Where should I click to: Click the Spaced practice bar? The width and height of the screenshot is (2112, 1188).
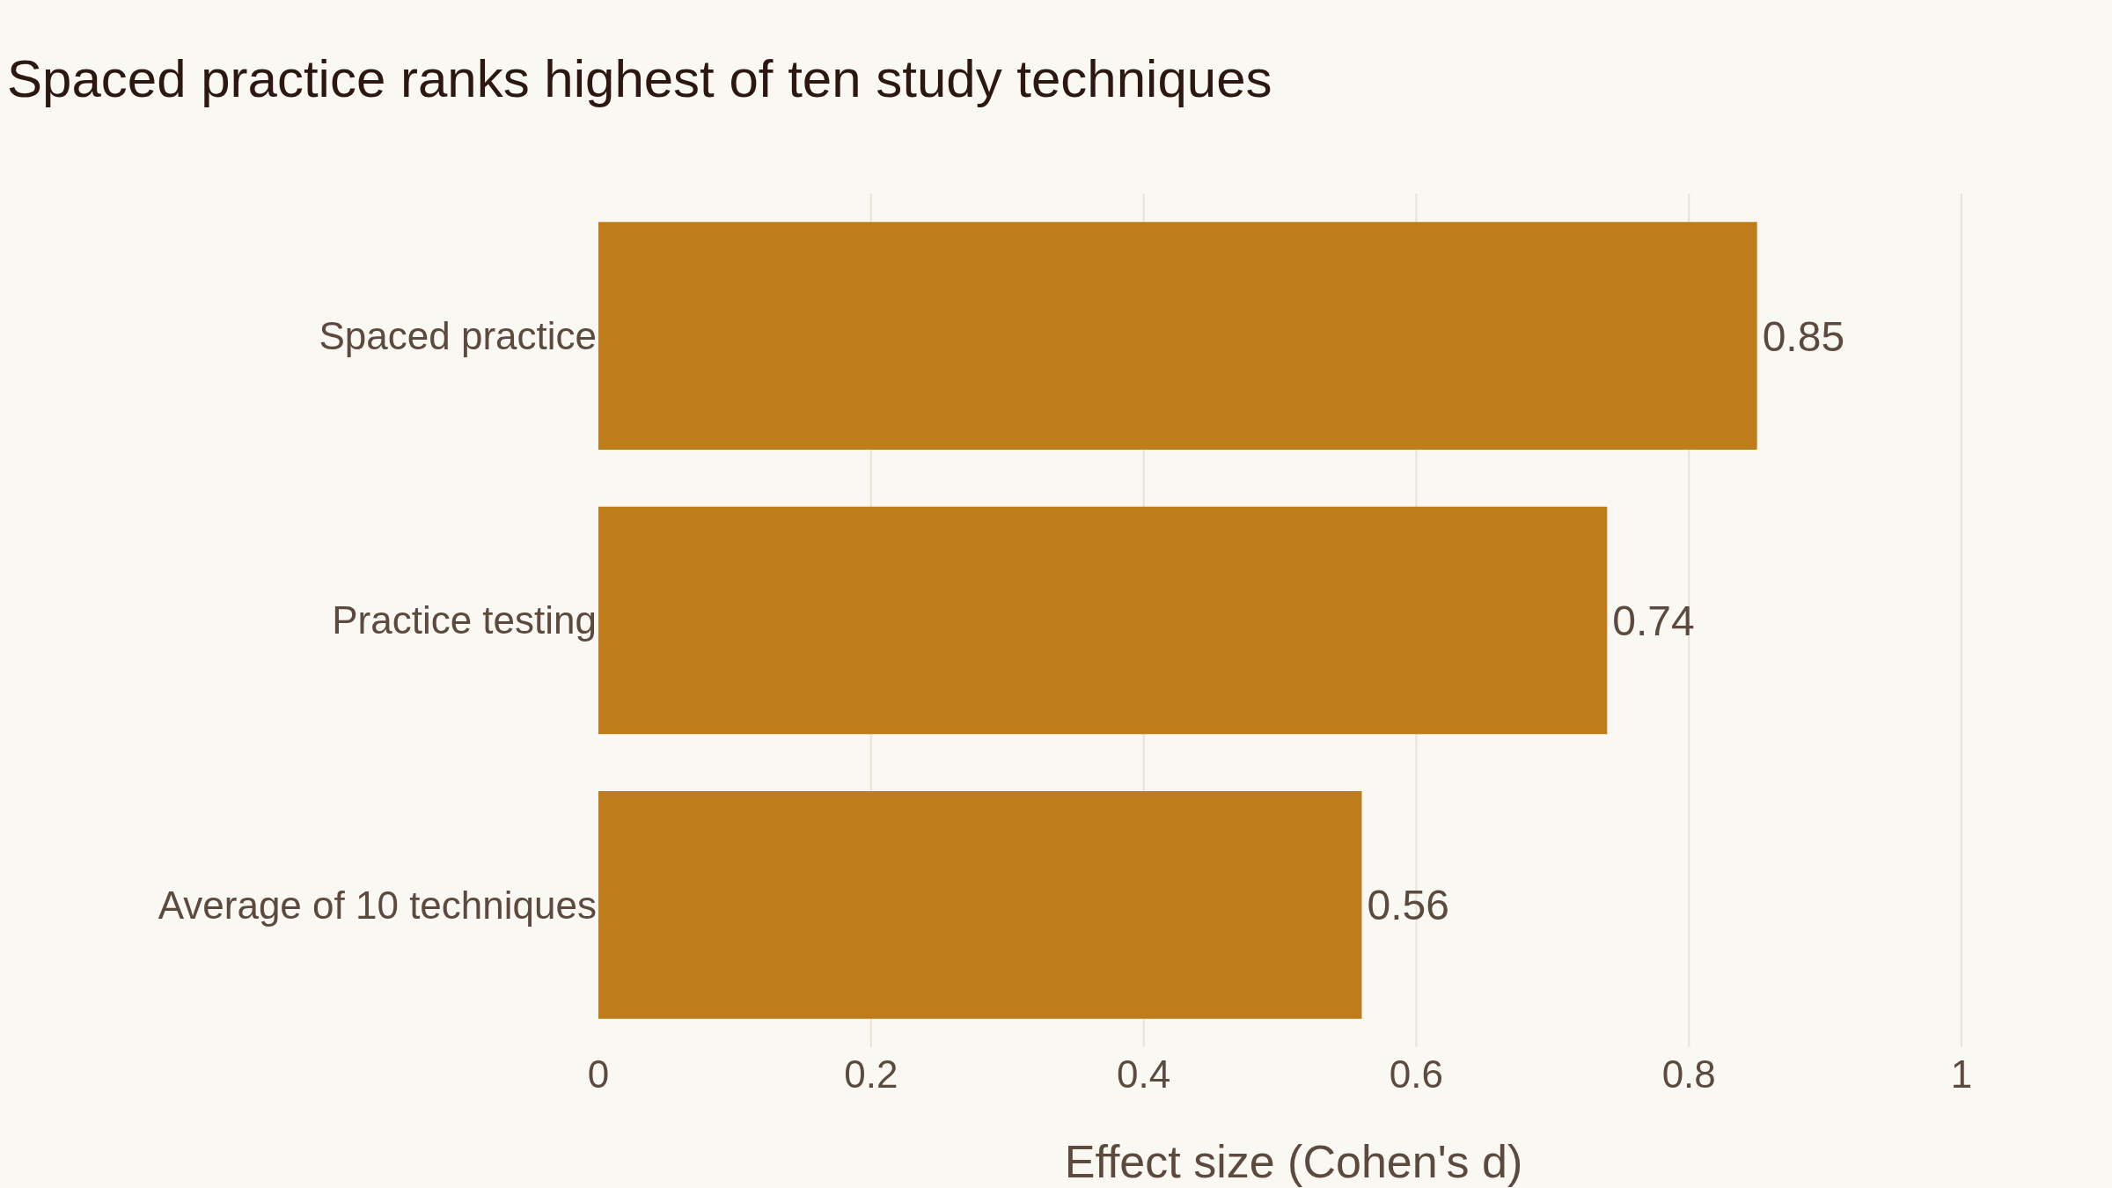[x=1177, y=335]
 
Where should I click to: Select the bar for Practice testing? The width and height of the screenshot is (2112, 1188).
[x=1103, y=620]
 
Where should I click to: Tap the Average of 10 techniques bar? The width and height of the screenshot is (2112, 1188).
[x=979, y=905]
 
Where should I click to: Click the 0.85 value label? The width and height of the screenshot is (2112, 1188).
[x=1803, y=337]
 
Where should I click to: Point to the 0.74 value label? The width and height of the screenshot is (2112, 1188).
[x=1653, y=621]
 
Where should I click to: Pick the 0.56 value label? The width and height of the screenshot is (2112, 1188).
[x=1407, y=906]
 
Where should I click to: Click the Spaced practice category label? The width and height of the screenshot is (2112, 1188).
[x=458, y=337]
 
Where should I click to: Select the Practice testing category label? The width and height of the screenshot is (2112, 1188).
[x=464, y=621]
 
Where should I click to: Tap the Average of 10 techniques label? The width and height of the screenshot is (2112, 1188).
[x=377, y=906]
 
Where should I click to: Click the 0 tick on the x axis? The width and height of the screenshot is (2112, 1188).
[x=598, y=1075]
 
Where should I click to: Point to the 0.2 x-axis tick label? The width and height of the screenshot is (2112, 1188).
[x=871, y=1075]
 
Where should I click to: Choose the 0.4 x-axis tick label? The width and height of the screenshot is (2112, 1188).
[x=1143, y=1075]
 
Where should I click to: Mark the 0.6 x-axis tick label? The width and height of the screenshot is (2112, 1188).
[x=1416, y=1075]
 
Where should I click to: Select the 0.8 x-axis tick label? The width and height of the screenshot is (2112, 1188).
[x=1689, y=1075]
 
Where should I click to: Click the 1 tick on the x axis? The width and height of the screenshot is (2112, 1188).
[x=1962, y=1075]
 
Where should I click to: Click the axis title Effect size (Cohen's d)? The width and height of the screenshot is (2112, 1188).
[x=1294, y=1162]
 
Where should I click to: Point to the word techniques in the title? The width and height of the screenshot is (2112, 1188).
[x=1144, y=80]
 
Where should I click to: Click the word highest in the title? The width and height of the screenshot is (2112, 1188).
[x=629, y=80]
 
